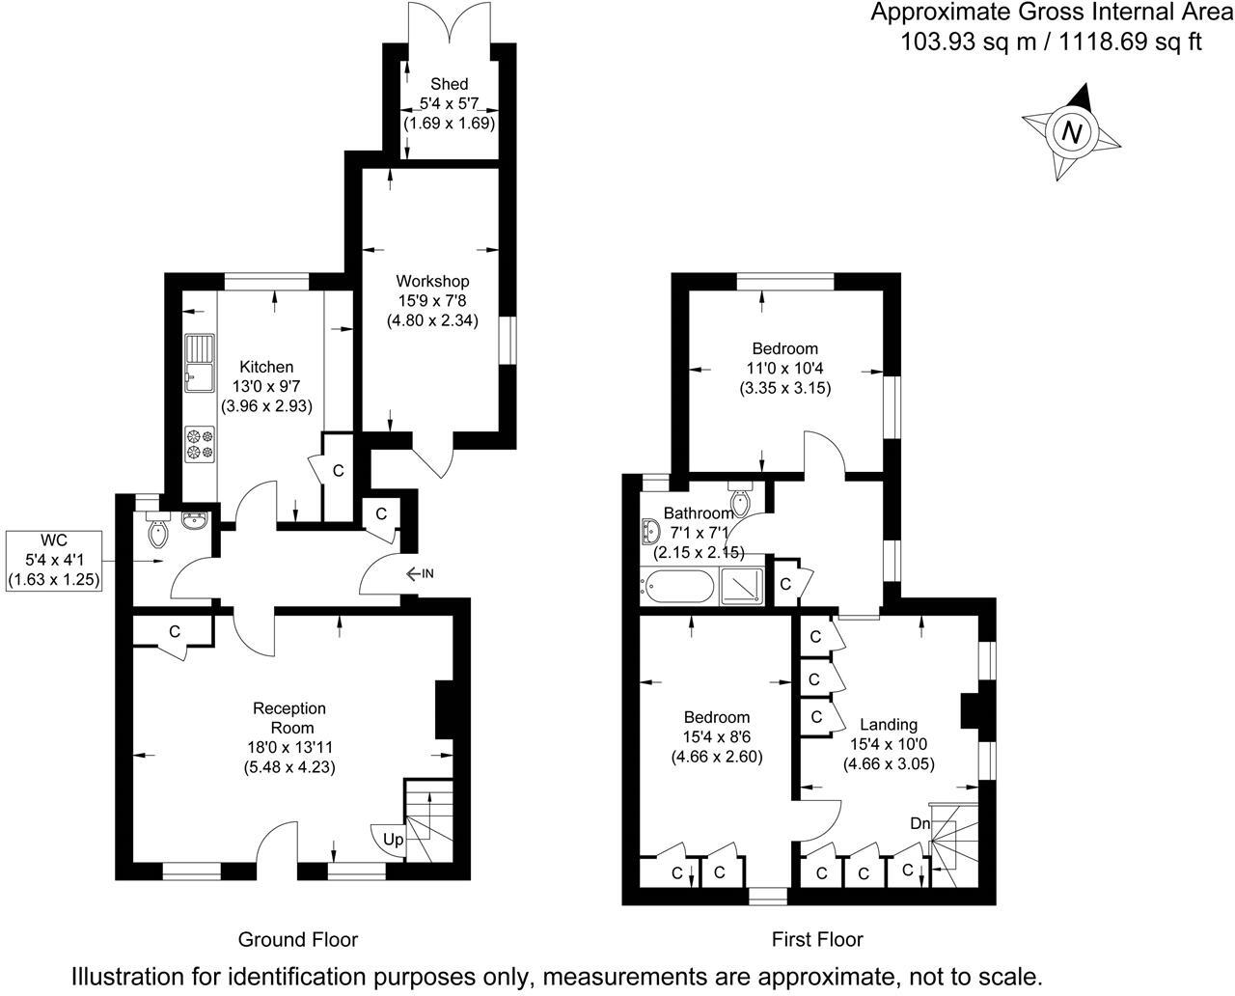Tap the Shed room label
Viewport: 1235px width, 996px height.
[x=450, y=85]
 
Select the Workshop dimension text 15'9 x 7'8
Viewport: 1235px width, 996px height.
[x=433, y=301]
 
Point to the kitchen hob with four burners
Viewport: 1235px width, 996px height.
[x=201, y=443]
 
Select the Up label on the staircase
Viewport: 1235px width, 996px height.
[x=393, y=840]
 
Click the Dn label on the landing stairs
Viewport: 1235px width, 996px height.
[x=920, y=823]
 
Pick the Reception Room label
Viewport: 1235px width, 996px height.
[x=289, y=718]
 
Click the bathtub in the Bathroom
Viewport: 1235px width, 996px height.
[x=678, y=586]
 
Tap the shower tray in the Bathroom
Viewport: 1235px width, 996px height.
[x=743, y=586]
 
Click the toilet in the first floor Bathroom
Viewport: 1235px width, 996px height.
[x=741, y=501]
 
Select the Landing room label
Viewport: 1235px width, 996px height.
[x=889, y=725]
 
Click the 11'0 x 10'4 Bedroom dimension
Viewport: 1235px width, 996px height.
[x=784, y=369]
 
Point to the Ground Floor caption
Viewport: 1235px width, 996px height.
[x=298, y=939]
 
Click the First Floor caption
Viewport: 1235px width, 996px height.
[x=817, y=939]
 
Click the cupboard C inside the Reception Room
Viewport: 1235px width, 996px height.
[x=174, y=632]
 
